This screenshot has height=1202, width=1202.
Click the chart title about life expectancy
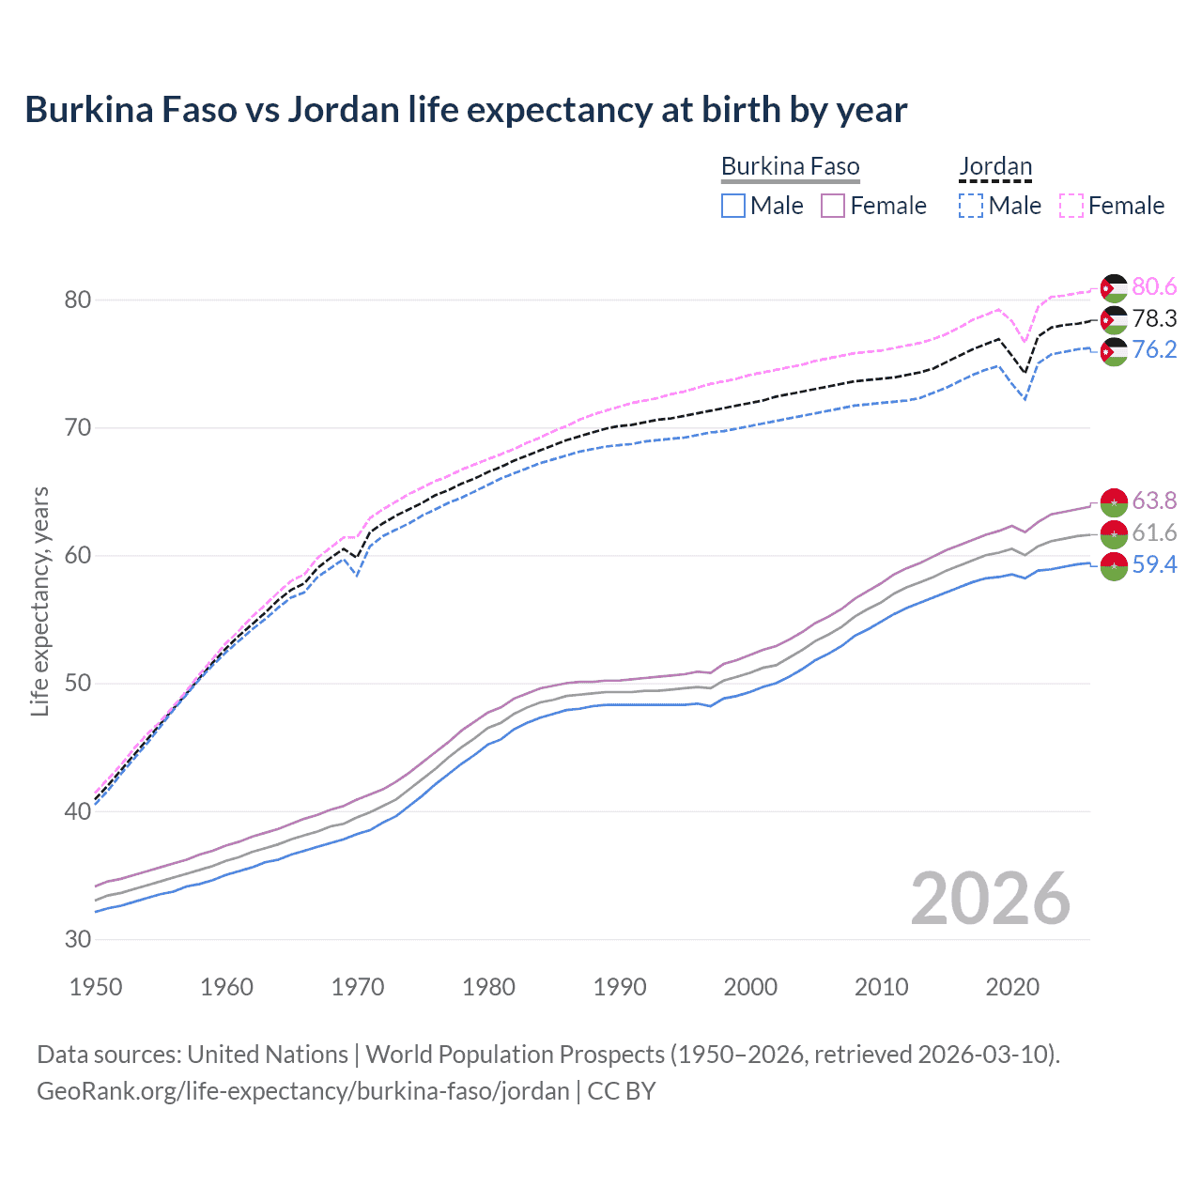click(x=466, y=110)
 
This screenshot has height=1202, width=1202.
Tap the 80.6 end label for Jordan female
click(x=1154, y=286)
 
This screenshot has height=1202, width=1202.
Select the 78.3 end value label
click(x=1154, y=318)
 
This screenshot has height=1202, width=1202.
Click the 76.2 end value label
click(x=1154, y=349)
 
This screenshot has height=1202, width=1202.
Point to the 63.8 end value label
click(x=1154, y=501)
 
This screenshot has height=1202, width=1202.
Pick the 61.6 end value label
click(x=1154, y=532)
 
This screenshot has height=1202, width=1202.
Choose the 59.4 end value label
click(x=1154, y=564)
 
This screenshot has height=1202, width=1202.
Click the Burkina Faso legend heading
click(x=790, y=166)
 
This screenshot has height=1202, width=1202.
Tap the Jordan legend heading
click(x=995, y=166)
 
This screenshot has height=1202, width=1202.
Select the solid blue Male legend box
click(x=733, y=206)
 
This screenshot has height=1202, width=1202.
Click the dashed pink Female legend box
click(x=1071, y=206)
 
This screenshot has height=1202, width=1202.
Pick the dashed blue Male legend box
click(x=971, y=206)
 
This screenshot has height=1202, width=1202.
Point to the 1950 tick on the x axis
click(x=96, y=987)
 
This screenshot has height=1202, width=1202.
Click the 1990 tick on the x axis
click(x=620, y=987)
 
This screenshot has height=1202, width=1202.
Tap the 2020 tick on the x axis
click(x=1012, y=987)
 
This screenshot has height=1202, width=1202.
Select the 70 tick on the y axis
click(x=77, y=428)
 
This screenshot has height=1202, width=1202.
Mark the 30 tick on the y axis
click(x=77, y=939)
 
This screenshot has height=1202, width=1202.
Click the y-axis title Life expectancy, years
click(x=39, y=601)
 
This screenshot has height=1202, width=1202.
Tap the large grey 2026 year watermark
click(x=990, y=899)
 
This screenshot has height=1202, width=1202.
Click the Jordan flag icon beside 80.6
click(x=1114, y=287)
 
